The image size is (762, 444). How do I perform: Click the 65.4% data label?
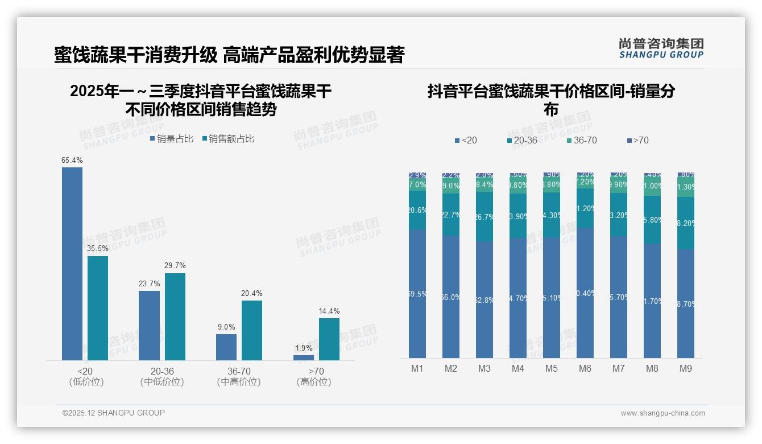point(72,161)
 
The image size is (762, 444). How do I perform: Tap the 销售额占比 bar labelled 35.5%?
point(98,308)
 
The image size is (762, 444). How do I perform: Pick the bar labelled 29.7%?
point(175,316)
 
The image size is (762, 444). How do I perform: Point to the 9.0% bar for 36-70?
point(226,347)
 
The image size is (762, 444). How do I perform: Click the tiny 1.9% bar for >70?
point(304,357)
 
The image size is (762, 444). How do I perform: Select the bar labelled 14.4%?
point(329,339)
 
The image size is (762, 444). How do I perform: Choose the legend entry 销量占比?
point(172,139)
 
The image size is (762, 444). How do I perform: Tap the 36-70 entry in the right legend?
point(581,140)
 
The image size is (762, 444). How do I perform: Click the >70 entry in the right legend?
point(637,140)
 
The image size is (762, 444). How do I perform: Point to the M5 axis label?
point(552,368)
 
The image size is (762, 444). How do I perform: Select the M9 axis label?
point(686,368)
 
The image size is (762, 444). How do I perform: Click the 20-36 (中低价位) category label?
point(162,376)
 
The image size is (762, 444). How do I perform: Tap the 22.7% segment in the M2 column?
point(451,215)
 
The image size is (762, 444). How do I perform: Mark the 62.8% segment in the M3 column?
point(484,299)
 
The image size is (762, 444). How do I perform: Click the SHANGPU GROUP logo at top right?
point(661,48)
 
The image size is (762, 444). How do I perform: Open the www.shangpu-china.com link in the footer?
point(662,413)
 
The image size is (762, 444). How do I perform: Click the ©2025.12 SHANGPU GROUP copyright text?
point(114,413)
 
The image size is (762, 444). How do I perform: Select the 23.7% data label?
point(149,283)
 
